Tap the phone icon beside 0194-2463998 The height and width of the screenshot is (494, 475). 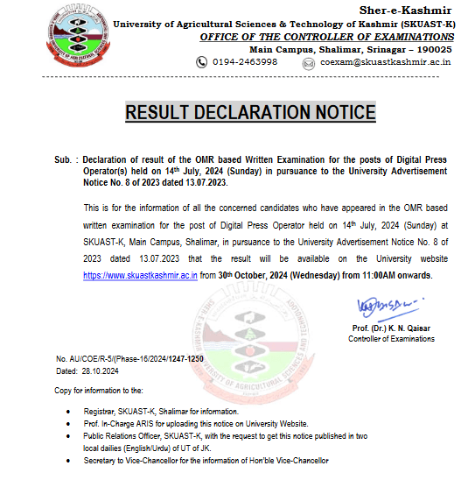click(x=201, y=62)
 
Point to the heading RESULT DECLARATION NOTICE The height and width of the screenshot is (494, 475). click(x=250, y=112)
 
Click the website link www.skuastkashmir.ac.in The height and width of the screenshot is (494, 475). click(x=140, y=276)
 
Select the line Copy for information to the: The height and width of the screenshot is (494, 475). click(x=98, y=389)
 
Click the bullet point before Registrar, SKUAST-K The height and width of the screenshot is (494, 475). click(x=70, y=411)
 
